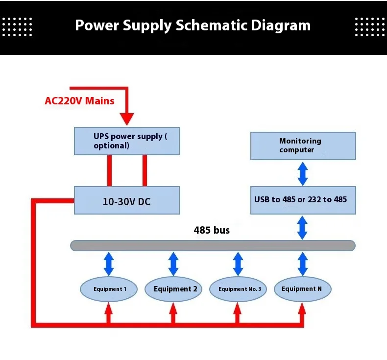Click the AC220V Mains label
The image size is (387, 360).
(x=79, y=101)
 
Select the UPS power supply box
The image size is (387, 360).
(x=127, y=141)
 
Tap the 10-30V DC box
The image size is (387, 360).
(x=127, y=200)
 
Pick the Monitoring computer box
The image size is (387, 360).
(x=303, y=146)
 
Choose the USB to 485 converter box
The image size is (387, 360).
(x=303, y=200)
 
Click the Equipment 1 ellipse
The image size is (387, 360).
(x=109, y=289)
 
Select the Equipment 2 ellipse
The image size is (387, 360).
(x=173, y=289)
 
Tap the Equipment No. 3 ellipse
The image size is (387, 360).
(x=238, y=289)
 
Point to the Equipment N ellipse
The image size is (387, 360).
(x=303, y=289)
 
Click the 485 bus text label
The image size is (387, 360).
(x=212, y=230)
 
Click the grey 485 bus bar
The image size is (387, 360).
(x=213, y=245)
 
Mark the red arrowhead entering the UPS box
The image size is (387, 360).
(x=127, y=119)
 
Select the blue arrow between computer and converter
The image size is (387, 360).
(x=303, y=173)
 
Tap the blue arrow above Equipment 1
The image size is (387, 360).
(x=109, y=264)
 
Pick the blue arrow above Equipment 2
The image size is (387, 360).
(x=173, y=264)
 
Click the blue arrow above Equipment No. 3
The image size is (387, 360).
(x=238, y=264)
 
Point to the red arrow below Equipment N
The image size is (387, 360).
(x=302, y=313)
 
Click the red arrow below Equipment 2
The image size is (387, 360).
(x=173, y=313)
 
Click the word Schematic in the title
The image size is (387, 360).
(x=211, y=25)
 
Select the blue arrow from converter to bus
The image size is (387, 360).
(x=302, y=227)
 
